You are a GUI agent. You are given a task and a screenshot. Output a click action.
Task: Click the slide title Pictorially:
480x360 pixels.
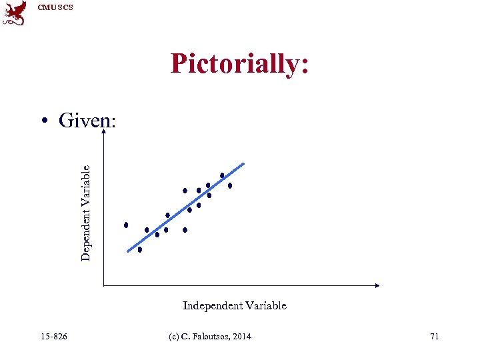(239, 64)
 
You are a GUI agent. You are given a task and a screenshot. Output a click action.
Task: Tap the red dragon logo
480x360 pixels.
(15, 13)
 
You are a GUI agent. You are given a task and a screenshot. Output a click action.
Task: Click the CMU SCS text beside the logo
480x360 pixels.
(55, 7)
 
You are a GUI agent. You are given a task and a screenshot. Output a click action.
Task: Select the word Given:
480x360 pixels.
(87, 121)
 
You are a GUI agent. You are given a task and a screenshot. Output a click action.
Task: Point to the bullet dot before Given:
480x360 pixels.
(45, 121)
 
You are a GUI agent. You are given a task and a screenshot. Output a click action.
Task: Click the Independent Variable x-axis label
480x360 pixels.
(235, 305)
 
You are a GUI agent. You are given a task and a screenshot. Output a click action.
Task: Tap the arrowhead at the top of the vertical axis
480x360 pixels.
(103, 132)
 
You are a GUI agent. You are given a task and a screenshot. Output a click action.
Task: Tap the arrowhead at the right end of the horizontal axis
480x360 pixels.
(377, 285)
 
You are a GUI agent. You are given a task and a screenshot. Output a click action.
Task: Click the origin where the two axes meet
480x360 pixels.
(103, 285)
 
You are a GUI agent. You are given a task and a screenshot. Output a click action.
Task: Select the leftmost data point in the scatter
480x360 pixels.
(126, 225)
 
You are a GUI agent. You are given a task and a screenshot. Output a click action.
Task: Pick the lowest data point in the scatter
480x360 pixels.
(140, 250)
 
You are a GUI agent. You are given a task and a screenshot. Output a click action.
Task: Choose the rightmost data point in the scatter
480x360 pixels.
(230, 186)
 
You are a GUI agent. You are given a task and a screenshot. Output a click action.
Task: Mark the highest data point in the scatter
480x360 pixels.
(222, 176)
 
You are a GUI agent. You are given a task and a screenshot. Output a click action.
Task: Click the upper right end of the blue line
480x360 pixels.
(244, 163)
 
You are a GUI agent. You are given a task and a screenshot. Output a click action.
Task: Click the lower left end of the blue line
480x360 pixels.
(128, 251)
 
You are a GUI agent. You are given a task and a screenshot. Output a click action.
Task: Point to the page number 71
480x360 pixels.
(434, 336)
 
